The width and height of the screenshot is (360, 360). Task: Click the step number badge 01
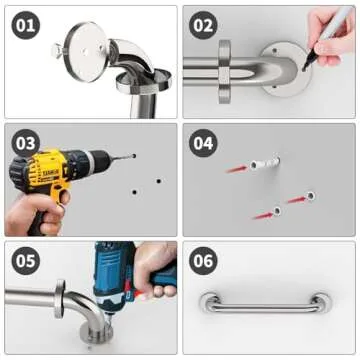pos(24,25)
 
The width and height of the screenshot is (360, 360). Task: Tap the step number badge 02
pos(203,25)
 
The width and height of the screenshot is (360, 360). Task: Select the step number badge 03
pos(24,143)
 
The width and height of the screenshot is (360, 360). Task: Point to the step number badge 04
pos(203,143)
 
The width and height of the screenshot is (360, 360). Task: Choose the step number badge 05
pos(24,262)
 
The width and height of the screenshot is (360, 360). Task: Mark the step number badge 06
pos(203,262)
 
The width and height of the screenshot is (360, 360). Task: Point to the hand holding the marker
pos(335,24)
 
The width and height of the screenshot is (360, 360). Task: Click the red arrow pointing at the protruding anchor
pos(237,169)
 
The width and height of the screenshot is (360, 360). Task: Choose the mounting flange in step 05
pos(63,299)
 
